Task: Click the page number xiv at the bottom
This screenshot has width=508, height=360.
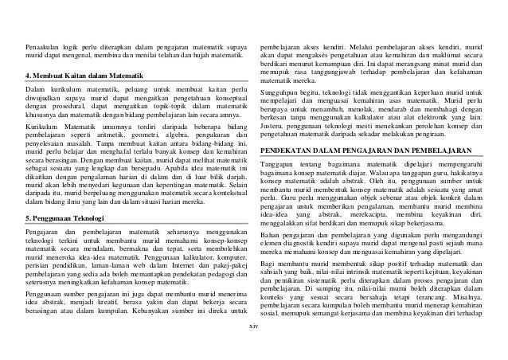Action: tap(254, 349)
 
